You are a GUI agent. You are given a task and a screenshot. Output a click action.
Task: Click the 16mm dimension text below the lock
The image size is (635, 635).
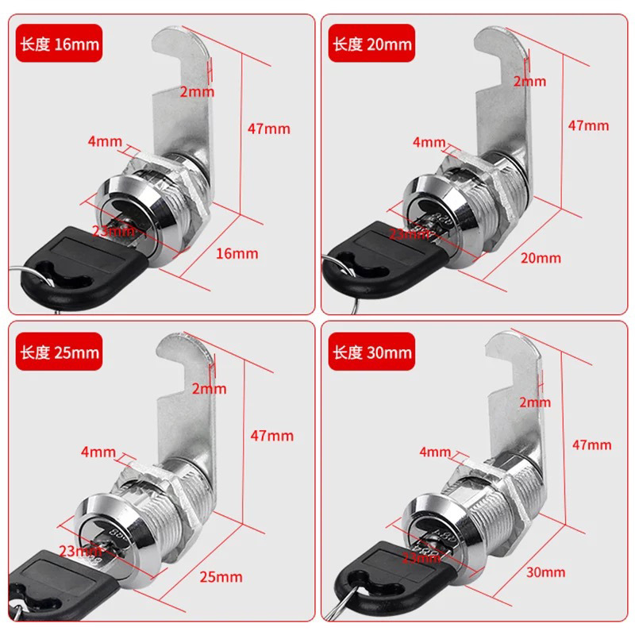coord(237,253)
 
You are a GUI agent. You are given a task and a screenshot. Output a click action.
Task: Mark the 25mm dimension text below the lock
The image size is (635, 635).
coord(221,575)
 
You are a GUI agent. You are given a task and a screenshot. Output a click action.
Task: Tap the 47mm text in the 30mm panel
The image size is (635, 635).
coord(591,444)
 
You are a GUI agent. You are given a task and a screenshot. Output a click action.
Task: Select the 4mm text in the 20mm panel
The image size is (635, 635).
coord(429,142)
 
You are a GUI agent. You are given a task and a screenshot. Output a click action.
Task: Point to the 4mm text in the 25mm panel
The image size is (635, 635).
coord(98,453)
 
